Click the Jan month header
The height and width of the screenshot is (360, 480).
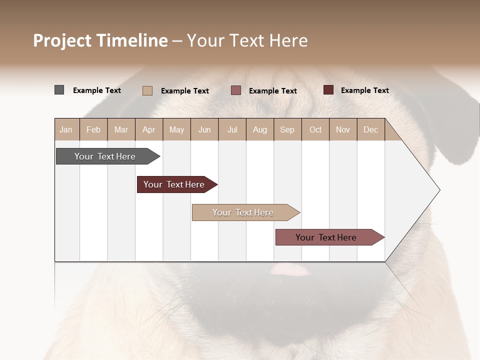66,129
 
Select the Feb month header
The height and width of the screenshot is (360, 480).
93,129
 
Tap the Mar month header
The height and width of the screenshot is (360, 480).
121,129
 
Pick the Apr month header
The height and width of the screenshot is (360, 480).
149,129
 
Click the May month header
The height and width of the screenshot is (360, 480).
176,129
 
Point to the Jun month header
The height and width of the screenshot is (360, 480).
204,129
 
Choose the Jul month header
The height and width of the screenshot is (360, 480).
232,129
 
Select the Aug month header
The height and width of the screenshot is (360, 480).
260,129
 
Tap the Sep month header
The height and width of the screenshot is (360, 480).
287,129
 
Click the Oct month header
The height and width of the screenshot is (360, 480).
315,129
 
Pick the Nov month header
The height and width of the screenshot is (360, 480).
343,129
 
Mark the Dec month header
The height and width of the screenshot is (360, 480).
371,129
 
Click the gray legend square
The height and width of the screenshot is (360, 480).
59,90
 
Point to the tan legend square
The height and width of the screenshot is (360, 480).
147,90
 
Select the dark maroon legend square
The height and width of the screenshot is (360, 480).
328,90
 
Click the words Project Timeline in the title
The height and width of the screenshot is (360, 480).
100,40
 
